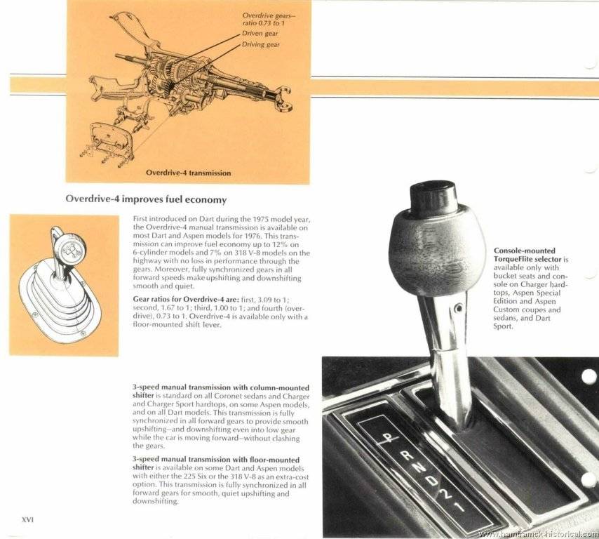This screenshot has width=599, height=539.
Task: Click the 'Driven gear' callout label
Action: (260, 34)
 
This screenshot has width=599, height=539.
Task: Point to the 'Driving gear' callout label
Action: (261, 45)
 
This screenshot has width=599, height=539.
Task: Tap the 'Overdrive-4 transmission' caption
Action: (188, 173)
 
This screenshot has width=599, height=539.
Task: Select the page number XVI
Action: (28, 519)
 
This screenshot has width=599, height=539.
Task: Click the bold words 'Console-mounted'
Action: (524, 251)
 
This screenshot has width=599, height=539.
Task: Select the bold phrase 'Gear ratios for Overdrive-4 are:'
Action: (175, 299)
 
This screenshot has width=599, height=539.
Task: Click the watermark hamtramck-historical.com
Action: (538, 534)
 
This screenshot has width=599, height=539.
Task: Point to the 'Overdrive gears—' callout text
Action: (269, 15)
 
